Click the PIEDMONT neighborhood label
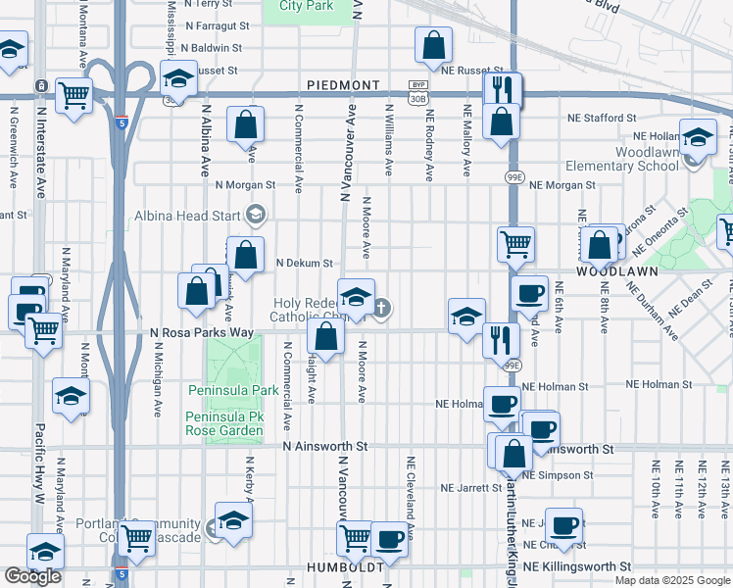336,85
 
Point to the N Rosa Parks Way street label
202,333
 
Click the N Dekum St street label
305,263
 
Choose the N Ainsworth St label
324,446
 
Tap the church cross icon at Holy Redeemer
382,309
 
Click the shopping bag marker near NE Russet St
432,45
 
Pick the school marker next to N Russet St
177,79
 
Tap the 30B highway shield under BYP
418,98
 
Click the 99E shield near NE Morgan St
513,176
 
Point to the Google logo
32,576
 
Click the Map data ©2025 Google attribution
672,580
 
